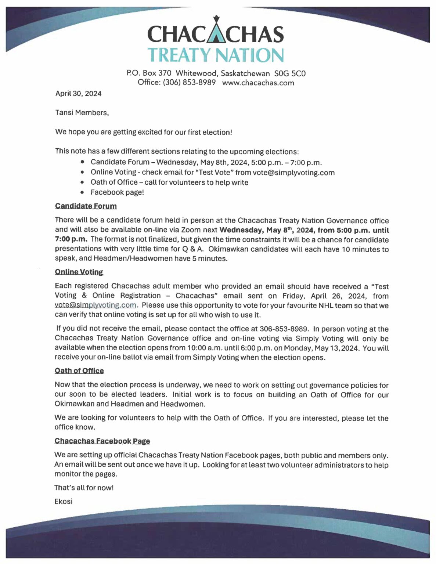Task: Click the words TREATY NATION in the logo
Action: click(216, 55)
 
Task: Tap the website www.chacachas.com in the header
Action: click(258, 83)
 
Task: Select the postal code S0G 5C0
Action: click(290, 73)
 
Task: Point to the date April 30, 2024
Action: click(78, 94)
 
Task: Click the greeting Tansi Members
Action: click(82, 113)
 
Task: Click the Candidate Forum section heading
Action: click(86, 206)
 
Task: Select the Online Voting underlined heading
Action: click(79, 272)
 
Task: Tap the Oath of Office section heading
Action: click(79, 371)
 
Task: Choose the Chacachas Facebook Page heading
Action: click(102, 441)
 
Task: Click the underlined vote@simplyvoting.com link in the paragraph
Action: click(95, 305)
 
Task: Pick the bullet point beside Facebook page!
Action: click(83, 192)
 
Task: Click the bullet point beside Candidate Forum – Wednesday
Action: click(83, 162)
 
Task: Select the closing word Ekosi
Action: click(63, 502)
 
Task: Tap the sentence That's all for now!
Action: click(84, 488)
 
